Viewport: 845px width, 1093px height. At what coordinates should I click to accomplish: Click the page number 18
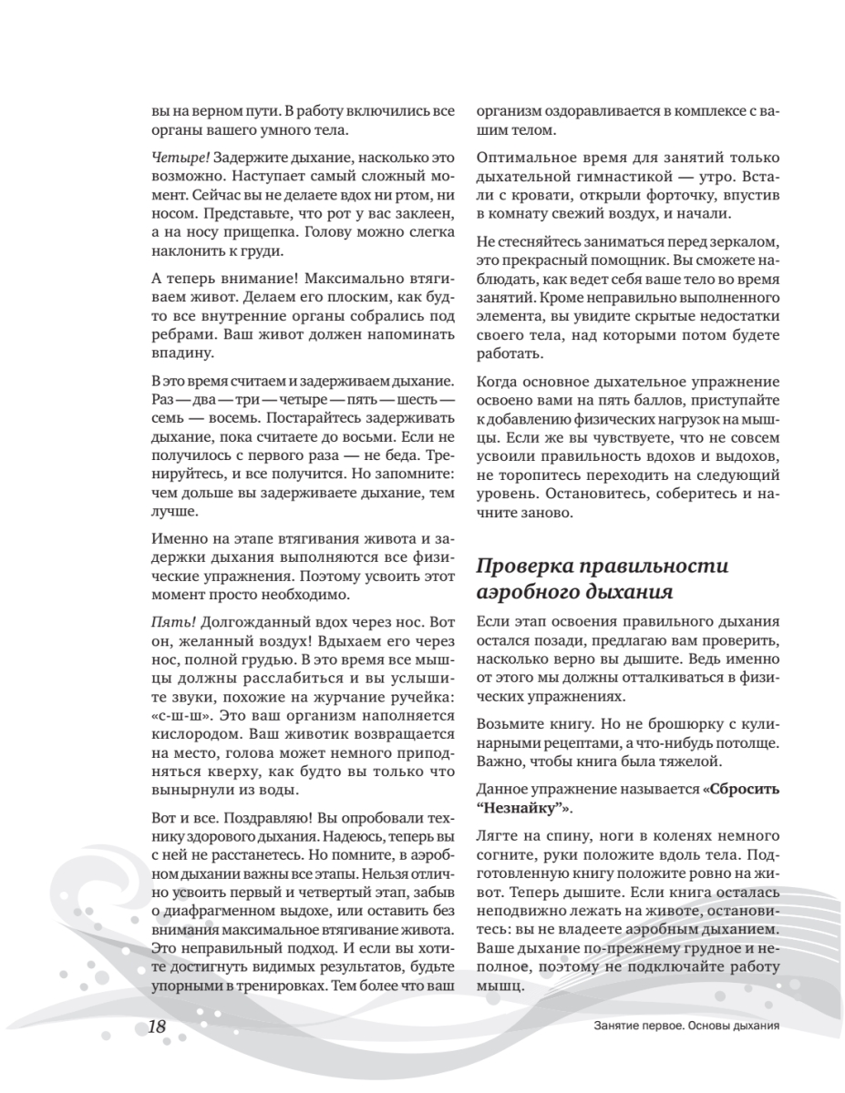[x=157, y=1027]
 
